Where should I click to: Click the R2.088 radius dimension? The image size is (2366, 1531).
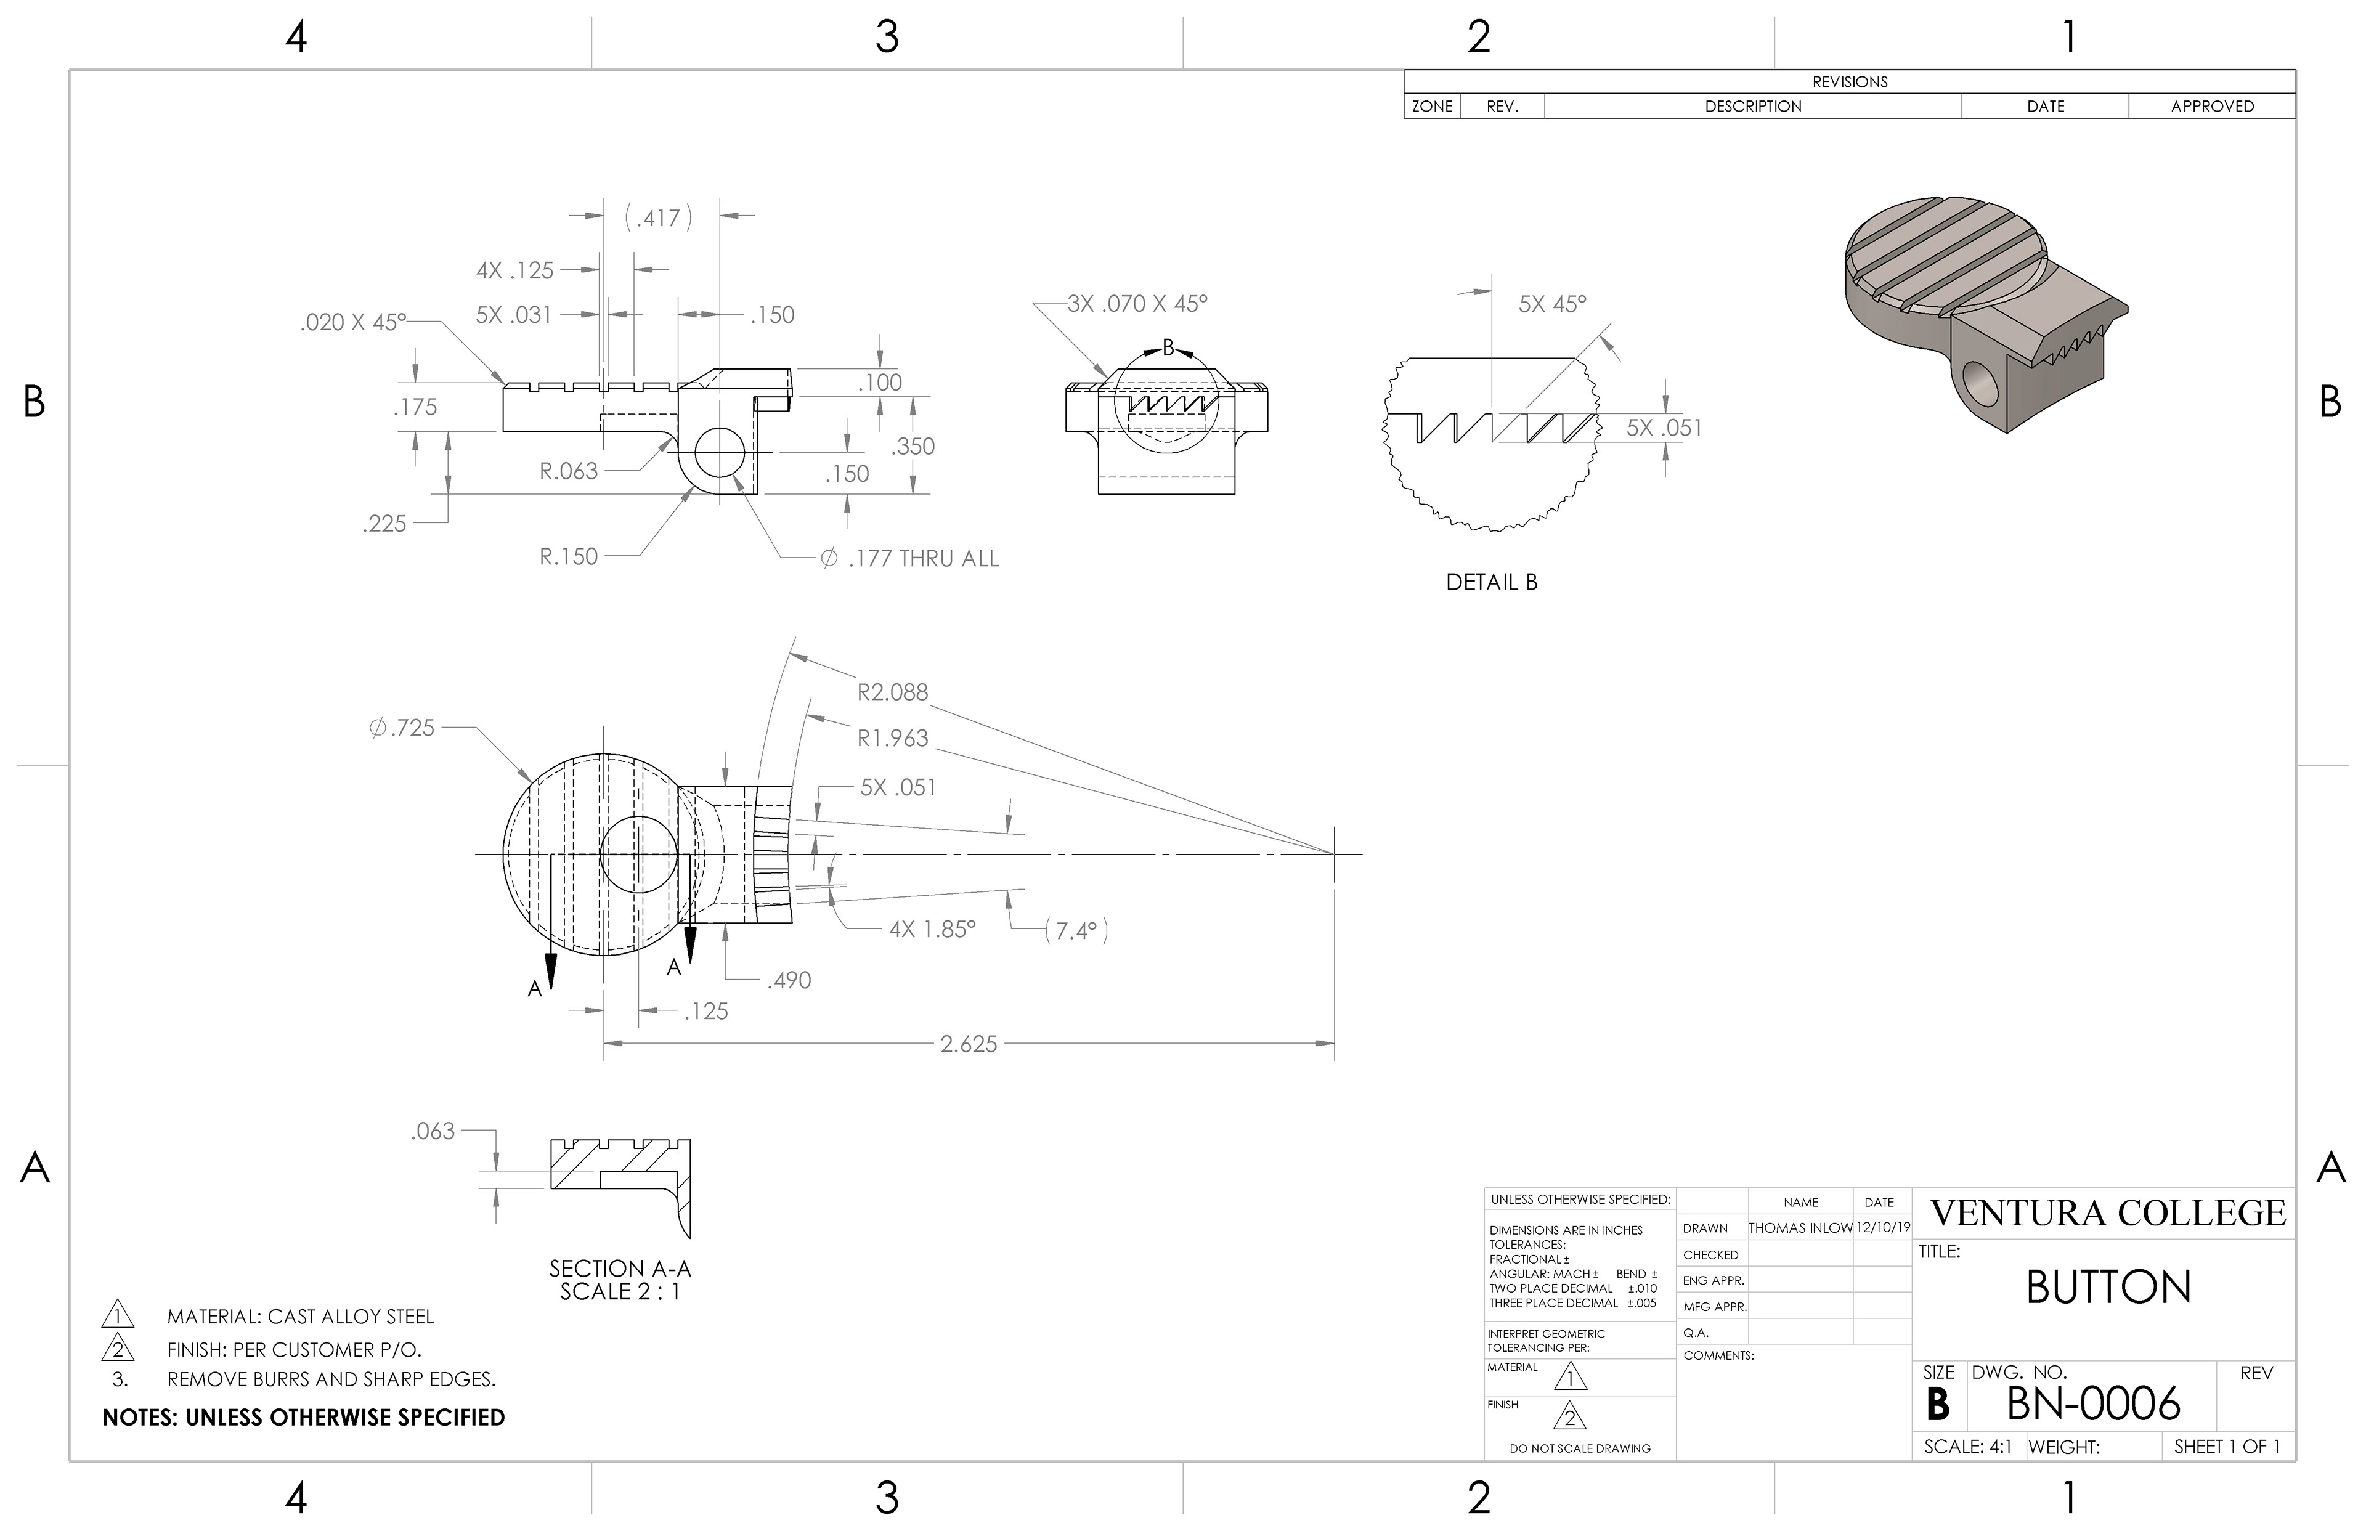pos(892,692)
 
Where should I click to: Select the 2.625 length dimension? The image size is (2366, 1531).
pos(968,1044)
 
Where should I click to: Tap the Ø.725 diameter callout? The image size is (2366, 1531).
pos(402,728)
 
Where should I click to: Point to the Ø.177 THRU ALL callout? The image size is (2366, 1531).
pos(909,559)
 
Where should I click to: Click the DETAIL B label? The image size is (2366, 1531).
pos(1491,583)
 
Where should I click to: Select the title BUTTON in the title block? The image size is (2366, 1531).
pos(2108,1288)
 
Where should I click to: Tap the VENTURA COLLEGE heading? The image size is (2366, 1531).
pos(2108,1213)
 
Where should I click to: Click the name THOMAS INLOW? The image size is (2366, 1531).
pos(1800,1228)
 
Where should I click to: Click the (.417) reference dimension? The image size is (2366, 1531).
pos(658,217)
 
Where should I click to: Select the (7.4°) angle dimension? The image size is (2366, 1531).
pos(1076,930)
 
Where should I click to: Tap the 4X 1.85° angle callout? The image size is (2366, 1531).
pos(932,930)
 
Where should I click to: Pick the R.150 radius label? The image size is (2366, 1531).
pos(569,557)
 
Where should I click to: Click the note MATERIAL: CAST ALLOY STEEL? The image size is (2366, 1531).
pos(300,1317)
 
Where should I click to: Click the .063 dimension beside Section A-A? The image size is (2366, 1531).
pos(433,1131)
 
